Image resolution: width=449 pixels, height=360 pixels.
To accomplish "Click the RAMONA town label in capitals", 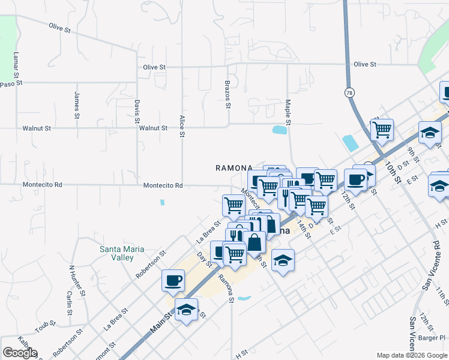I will click(232, 168).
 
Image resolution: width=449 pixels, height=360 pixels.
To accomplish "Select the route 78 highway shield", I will click(349, 92).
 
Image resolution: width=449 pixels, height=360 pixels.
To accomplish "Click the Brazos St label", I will click(228, 95).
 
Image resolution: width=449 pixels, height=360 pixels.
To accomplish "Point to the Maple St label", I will click(288, 112).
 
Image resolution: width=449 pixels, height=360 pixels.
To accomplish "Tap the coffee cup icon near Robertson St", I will click(173, 280).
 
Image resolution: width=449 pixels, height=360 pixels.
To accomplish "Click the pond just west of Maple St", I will click(279, 130).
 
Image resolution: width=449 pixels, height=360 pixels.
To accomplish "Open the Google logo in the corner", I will click(20, 353).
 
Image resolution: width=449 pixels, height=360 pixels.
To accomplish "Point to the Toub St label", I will click(45, 327).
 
